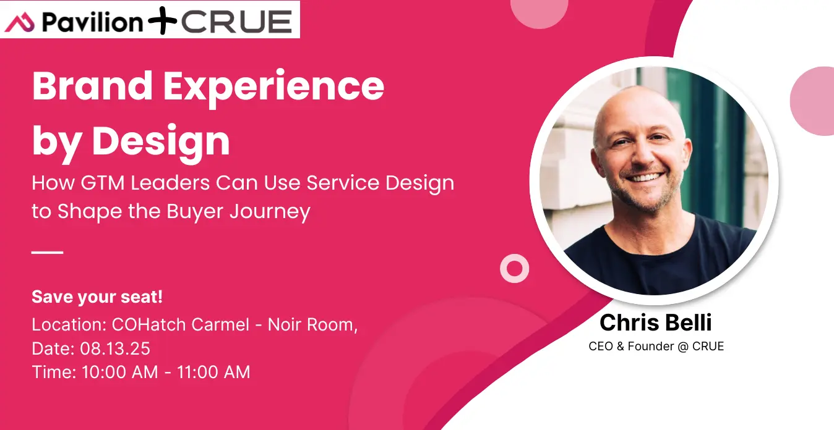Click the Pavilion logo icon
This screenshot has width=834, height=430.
[19, 23]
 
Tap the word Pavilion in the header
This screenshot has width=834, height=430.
[92, 22]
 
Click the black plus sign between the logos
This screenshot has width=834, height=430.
[162, 20]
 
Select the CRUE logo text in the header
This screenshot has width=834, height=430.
[237, 22]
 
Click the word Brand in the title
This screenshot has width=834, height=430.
[92, 86]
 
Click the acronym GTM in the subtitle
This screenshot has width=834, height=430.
[102, 183]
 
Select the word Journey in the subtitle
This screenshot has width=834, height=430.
[270, 213]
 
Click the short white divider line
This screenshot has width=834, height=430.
[47, 252]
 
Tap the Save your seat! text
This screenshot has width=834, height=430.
[97, 297]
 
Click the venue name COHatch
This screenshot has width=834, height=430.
[149, 324]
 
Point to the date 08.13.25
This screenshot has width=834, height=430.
[115, 348]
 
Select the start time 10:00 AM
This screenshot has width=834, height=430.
[120, 372]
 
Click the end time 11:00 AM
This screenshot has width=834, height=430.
[213, 372]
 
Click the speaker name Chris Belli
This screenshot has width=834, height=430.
[656, 322]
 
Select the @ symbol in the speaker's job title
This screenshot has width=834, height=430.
[683, 347]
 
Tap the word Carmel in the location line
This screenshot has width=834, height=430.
[220, 324]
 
